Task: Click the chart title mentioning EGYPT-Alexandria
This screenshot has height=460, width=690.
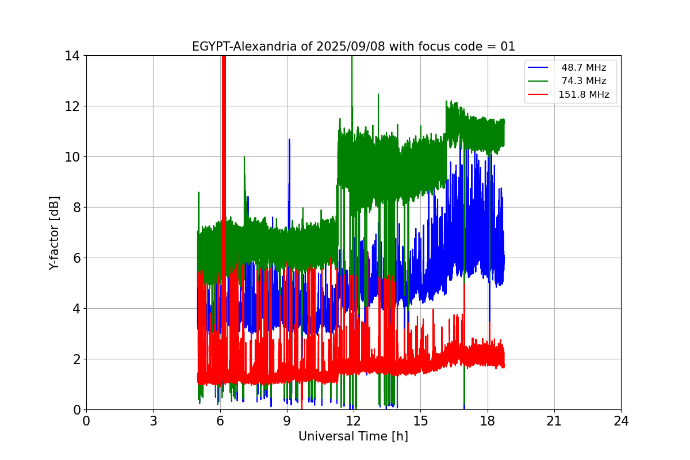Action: (x=353, y=47)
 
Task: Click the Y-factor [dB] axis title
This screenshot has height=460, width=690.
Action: (x=54, y=232)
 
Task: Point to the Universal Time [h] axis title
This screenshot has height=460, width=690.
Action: (x=353, y=436)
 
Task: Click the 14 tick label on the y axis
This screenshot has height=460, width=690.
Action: (x=72, y=56)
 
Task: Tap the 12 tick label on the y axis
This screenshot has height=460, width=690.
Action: (x=72, y=106)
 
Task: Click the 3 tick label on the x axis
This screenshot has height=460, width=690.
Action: (x=153, y=421)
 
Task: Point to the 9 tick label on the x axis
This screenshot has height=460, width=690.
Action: (x=286, y=421)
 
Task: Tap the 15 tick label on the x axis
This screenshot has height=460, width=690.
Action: (x=420, y=421)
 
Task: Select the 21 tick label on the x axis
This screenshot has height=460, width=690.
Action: (x=554, y=421)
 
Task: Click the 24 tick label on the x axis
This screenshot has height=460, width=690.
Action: (x=621, y=421)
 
